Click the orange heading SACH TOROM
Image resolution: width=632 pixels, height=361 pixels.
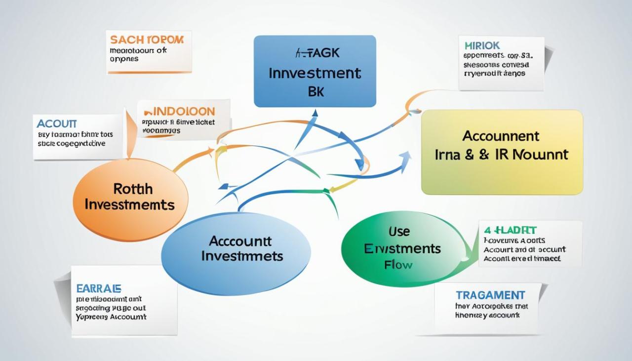click(x=147, y=40)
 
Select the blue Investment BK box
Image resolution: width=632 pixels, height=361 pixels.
click(x=315, y=71)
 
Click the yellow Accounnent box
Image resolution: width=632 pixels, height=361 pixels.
click(x=502, y=152)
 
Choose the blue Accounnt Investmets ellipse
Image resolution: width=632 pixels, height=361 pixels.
click(x=236, y=254)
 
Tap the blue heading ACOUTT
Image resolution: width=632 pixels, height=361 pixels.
click(x=57, y=123)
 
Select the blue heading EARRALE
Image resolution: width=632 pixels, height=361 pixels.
click(x=99, y=288)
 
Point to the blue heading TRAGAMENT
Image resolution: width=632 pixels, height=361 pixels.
click(x=490, y=295)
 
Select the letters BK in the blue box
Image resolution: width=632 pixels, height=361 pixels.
click(x=316, y=91)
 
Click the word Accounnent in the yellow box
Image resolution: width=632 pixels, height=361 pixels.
click(x=501, y=136)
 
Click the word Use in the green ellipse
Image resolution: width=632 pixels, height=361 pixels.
click(x=399, y=231)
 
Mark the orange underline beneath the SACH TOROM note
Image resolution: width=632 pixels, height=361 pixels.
click(x=149, y=73)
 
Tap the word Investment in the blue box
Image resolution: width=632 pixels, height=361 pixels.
click(x=315, y=74)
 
